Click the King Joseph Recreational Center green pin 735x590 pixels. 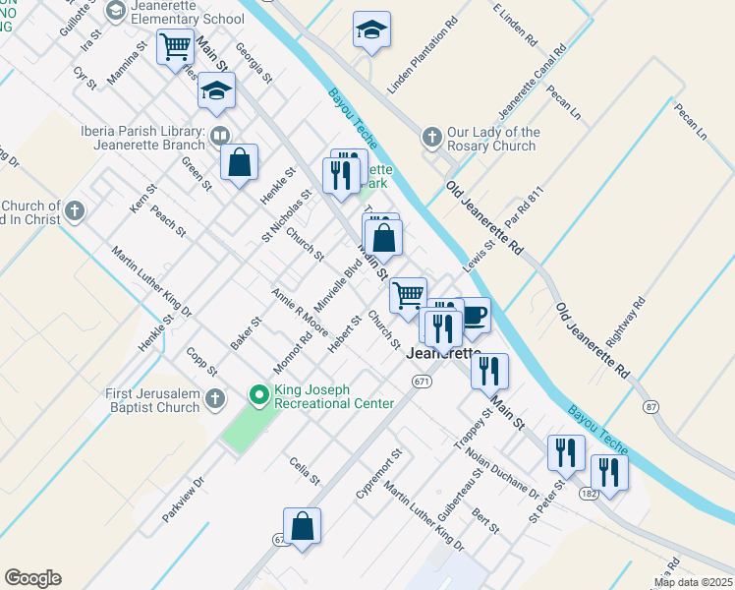pos(259,396)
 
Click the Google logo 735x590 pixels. pos(33,578)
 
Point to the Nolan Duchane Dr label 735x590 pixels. pos(502,472)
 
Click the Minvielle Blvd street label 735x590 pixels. pos(338,285)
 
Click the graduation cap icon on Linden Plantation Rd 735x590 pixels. pos(371,29)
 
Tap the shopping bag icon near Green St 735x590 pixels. pos(239,162)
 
